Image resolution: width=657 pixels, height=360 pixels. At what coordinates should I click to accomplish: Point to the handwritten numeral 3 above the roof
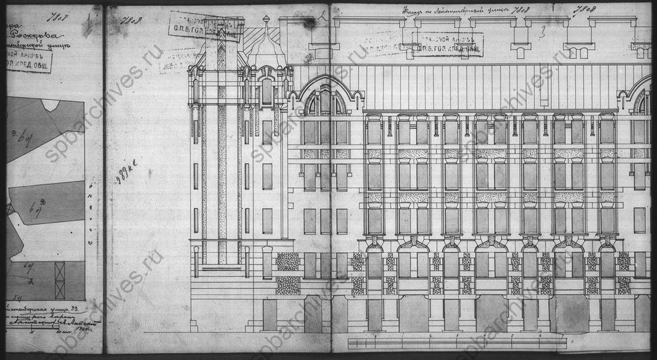pos(543,31)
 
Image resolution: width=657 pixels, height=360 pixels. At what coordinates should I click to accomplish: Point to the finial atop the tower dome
pos(265,20)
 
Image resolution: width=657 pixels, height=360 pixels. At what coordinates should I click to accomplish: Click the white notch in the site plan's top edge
pos(49,104)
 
